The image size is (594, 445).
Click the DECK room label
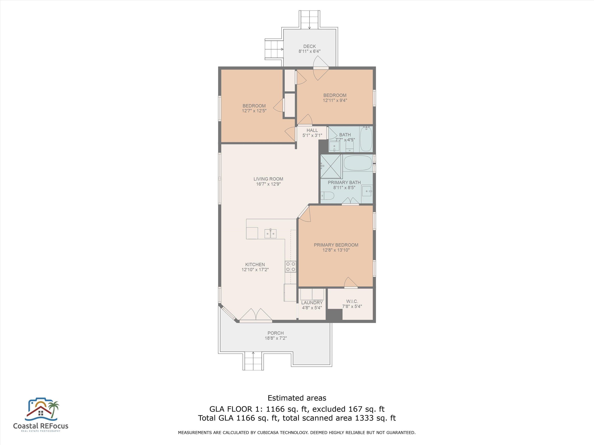coord(309,46)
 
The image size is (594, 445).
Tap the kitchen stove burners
coord(291,267)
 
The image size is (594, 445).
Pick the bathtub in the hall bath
coord(366,139)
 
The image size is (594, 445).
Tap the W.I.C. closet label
coord(352,301)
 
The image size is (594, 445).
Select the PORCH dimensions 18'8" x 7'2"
coord(276,338)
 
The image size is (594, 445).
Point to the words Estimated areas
coord(297,398)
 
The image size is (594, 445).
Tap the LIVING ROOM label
coord(268,179)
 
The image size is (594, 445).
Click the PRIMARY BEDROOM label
coord(336,245)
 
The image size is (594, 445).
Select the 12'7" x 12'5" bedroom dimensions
coord(254,111)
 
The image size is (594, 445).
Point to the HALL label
coord(312,130)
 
